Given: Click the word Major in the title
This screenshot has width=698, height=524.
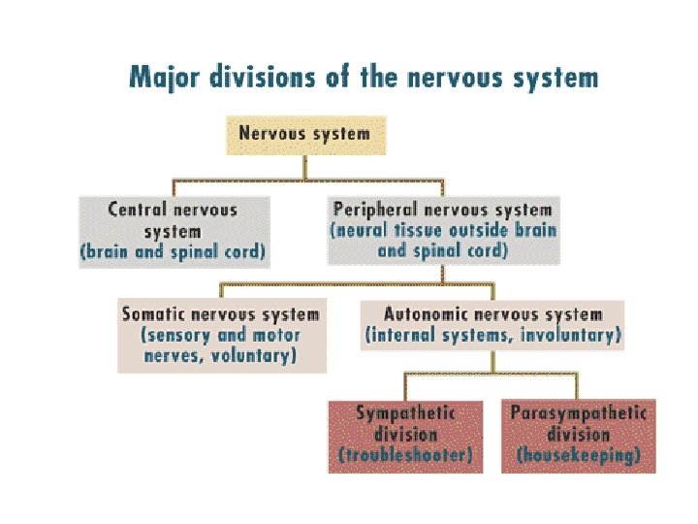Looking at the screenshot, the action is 164,78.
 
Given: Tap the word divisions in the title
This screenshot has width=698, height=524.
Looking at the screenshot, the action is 262,77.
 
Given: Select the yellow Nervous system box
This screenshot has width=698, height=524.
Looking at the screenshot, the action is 306,136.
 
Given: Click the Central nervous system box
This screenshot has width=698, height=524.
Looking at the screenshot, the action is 174,232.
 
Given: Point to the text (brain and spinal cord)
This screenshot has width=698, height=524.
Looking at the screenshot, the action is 173,251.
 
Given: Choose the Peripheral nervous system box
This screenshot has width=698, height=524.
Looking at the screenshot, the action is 443,230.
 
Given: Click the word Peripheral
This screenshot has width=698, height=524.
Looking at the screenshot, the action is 375,210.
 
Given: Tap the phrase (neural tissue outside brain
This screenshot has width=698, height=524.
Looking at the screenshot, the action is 443,230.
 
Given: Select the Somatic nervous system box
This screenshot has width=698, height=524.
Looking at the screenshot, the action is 222,335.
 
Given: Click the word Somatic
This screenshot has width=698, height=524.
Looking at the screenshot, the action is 153,314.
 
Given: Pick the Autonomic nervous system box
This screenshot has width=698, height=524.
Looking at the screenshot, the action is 492,325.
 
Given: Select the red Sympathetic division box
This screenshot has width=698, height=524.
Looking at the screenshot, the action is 405,437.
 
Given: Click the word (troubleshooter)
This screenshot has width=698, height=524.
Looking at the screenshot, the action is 405,455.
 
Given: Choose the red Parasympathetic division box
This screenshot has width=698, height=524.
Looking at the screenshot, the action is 578,437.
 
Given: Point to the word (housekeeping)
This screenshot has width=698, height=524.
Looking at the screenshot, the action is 578,455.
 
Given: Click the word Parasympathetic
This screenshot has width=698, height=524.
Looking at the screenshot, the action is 578,413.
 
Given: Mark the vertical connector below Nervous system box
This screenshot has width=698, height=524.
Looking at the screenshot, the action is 305,168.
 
